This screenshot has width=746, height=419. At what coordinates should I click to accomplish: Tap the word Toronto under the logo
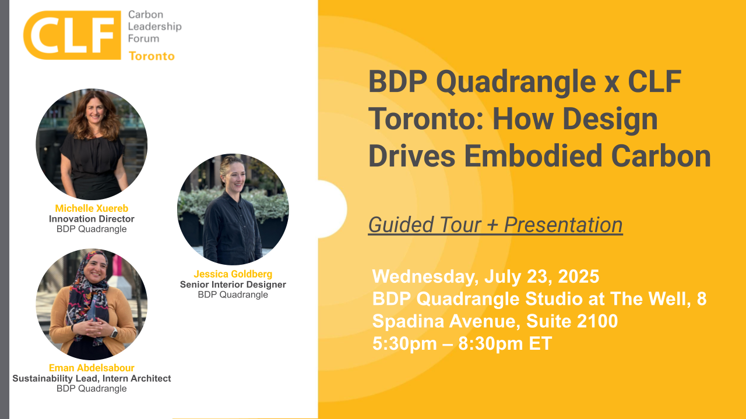coord(152,56)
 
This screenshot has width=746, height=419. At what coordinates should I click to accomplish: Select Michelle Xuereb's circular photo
coord(92,144)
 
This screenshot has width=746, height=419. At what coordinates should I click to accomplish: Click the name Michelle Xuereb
coord(92,208)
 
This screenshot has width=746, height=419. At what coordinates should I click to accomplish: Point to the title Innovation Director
coord(92,219)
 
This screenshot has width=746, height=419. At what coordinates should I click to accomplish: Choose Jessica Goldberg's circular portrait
coord(233,210)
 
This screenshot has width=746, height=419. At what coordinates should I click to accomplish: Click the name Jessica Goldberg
coord(233,274)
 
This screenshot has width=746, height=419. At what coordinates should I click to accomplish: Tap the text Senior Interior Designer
coord(233,285)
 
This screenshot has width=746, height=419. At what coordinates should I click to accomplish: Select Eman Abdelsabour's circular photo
coord(92,304)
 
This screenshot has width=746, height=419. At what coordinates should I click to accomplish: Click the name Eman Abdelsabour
coord(92,368)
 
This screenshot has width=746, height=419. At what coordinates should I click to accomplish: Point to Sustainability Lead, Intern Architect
coord(92,378)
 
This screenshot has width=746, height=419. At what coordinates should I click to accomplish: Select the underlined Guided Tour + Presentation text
coord(495,225)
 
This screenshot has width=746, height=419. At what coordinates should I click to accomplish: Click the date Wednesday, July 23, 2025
coord(486,275)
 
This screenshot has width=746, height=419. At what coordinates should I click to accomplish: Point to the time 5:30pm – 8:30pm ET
coord(462,343)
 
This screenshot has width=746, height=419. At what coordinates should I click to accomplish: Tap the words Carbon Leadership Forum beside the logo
coord(154,27)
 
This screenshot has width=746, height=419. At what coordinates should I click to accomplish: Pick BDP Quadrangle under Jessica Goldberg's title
coord(233,294)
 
